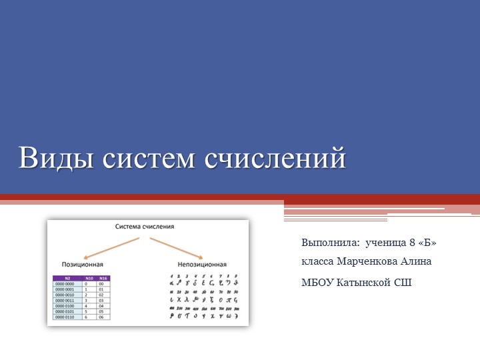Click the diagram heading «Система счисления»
(x=145, y=227)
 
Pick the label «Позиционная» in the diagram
(x=82, y=265)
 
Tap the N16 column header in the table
(x=103, y=277)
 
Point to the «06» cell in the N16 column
(x=103, y=317)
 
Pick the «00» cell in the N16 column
(x=103, y=283)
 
